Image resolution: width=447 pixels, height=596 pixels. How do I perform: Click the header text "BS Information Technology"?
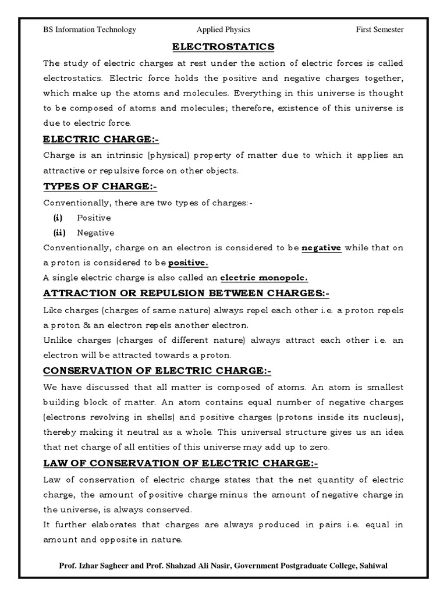(90, 30)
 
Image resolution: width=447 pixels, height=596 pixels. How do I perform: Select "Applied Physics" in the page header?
(223, 30)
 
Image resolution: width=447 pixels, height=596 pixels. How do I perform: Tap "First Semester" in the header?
(379, 30)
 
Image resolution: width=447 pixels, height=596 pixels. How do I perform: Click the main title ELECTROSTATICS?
(224, 47)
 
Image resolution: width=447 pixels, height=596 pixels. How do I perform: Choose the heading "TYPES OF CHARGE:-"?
(101, 186)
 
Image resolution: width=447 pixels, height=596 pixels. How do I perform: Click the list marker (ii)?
(59, 232)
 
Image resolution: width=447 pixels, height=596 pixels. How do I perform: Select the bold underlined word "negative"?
(321, 247)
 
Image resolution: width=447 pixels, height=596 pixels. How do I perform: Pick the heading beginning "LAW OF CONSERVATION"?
(181, 463)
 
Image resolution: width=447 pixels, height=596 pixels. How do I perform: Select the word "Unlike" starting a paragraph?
(57, 339)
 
